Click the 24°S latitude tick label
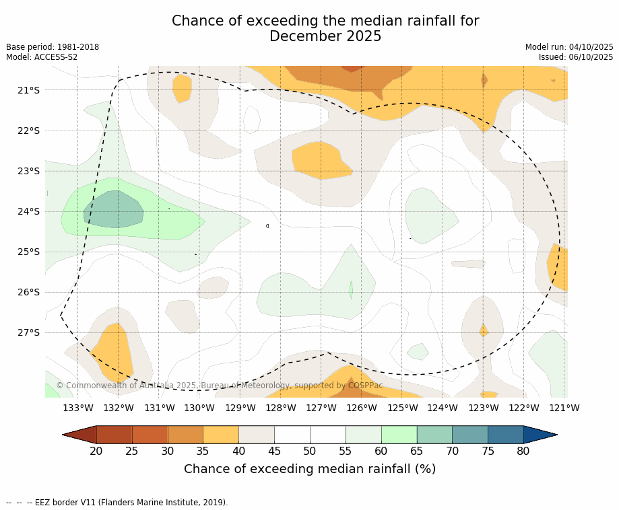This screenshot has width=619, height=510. (28, 211)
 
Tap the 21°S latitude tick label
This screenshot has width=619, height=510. (28, 90)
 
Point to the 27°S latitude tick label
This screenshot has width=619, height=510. (28, 332)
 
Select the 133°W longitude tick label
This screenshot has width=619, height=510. (77, 408)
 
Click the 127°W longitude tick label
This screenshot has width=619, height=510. (321, 408)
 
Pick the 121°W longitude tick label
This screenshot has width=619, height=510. (564, 408)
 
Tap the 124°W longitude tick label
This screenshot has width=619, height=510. (443, 408)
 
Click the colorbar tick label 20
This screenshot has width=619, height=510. (96, 451)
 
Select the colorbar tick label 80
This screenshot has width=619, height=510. (523, 451)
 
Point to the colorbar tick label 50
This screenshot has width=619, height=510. (310, 451)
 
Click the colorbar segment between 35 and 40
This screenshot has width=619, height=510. (221, 435)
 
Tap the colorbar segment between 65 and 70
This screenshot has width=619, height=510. (434, 435)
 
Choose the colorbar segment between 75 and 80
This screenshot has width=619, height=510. (505, 435)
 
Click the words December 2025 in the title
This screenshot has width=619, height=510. (325, 36)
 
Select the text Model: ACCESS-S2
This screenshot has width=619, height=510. (42, 57)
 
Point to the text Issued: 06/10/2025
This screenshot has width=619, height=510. (576, 57)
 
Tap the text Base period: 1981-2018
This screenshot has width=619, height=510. (53, 47)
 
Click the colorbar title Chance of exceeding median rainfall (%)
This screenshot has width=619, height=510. (310, 469)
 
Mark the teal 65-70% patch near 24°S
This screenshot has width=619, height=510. (113, 210)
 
